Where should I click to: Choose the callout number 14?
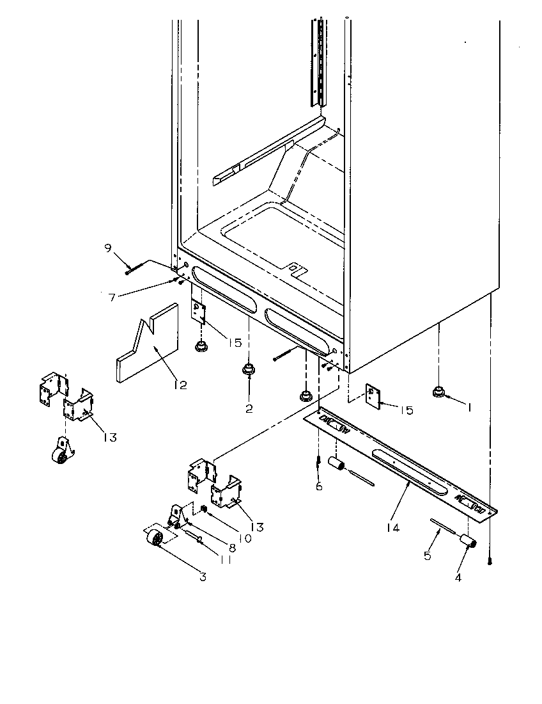pos(394,527)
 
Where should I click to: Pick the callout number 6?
pos(318,487)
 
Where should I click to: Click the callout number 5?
pos(427,556)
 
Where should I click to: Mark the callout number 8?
pos(231,548)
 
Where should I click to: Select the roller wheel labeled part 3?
pos(155,541)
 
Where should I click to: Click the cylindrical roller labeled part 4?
pos(469,543)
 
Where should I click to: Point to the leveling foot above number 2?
pos(247,369)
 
